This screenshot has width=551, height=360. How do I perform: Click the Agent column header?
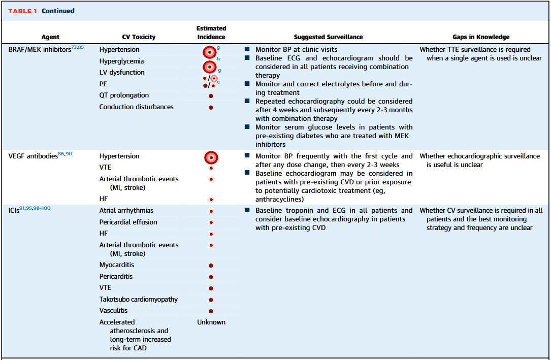tap(50, 37)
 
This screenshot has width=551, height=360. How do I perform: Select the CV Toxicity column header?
tap(139, 37)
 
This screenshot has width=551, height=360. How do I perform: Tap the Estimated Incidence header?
tap(211, 32)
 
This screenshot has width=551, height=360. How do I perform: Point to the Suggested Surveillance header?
tap(328, 37)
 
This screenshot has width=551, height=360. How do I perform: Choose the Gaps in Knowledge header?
tap(481, 37)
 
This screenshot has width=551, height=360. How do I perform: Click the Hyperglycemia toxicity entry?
tap(121, 61)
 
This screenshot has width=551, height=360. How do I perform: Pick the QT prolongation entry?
tap(124, 95)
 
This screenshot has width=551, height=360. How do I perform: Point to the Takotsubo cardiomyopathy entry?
tap(139, 300)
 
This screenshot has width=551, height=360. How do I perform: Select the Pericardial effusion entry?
tap(128, 222)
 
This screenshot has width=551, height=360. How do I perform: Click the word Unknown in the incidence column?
tap(211, 322)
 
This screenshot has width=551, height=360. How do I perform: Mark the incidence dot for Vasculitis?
tap(211, 311)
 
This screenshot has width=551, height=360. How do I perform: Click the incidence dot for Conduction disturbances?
tap(211, 108)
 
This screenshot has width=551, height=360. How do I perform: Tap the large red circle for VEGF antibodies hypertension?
tap(211, 157)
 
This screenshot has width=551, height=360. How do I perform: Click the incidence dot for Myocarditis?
tap(211, 266)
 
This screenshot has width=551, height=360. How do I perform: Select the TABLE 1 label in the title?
tap(22, 11)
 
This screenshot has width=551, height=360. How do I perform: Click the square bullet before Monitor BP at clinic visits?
tap(247, 50)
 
